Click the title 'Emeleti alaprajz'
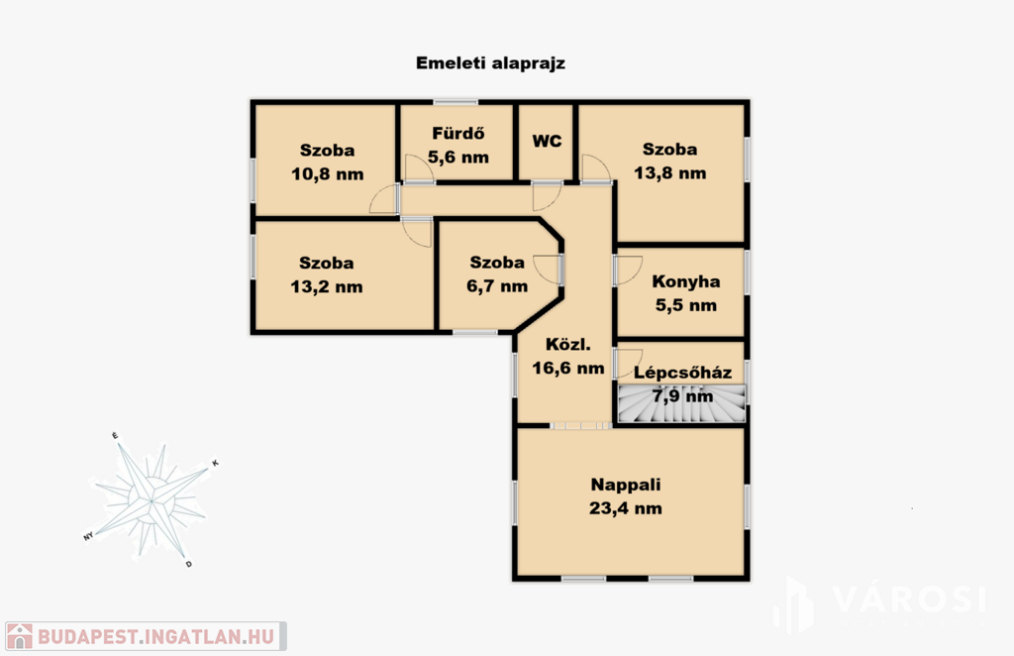pos(490,63)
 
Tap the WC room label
pos(547,141)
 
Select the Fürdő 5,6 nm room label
pos(458,145)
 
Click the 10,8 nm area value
pos(327,174)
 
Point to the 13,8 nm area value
pos(670,172)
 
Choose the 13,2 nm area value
pos(327,286)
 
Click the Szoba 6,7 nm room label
pos(497,274)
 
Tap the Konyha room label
pos(686,281)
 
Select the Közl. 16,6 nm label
pos(568,357)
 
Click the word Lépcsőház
pos(683,373)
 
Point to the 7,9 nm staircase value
pos(683,396)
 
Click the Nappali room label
pos(626,485)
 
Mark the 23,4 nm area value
pos(626,507)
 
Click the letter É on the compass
pos(115,436)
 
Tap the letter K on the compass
pos(215,463)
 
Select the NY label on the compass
pos(88,536)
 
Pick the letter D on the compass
pos(189,564)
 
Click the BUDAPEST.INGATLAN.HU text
pos(155,636)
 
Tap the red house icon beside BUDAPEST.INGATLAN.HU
pos(20,636)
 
